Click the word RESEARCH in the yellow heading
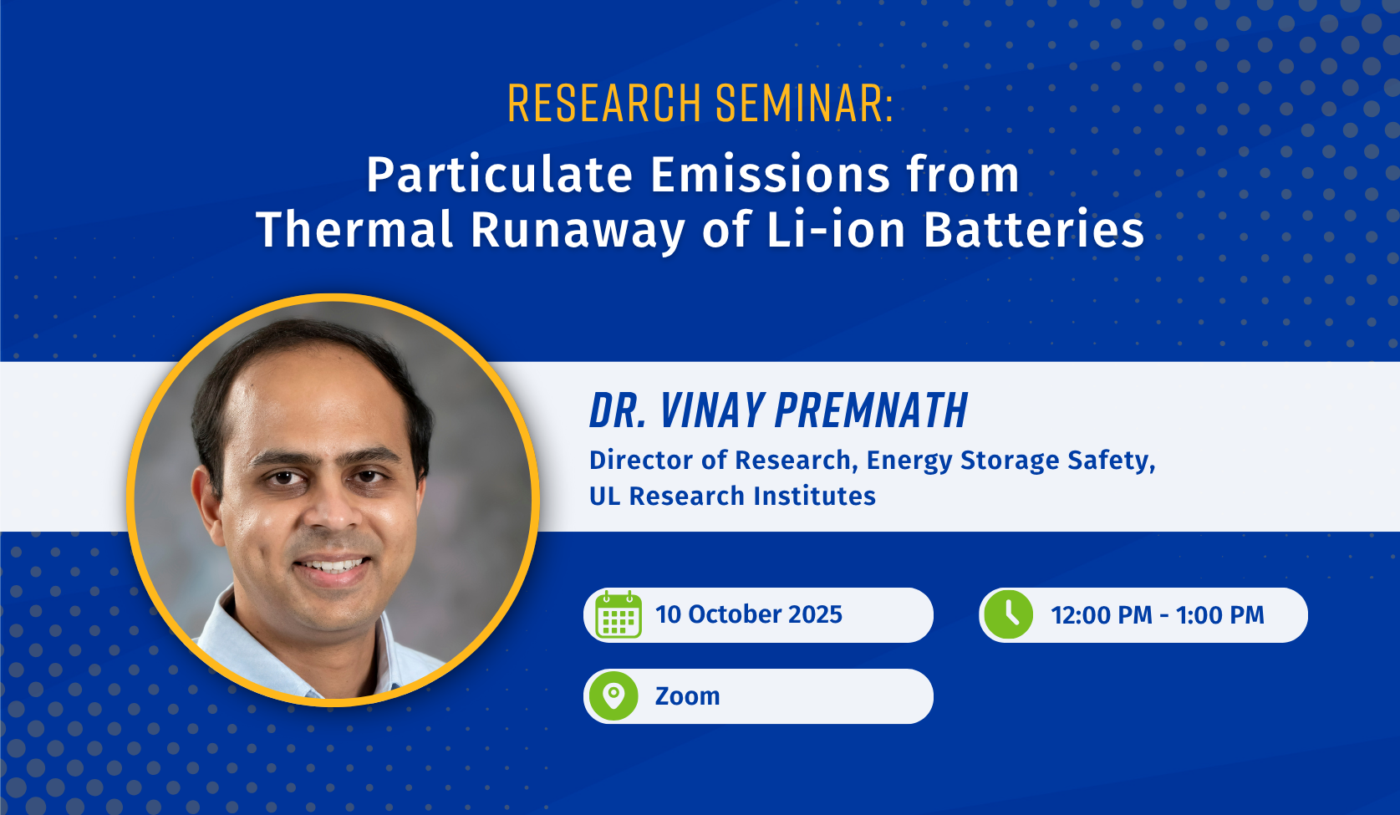pos(604,103)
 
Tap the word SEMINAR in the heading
pos(801,103)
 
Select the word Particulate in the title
pos(499,175)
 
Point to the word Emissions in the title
pos(770,175)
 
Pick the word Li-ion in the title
pos(837,229)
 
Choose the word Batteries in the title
pos(1034,229)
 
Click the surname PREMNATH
pos(871,410)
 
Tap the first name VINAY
pos(711,410)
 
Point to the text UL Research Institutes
pos(732,497)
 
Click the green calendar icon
pos(619,615)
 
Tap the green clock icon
pos(1009,615)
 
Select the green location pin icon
pos(613,696)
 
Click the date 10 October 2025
pos(749,615)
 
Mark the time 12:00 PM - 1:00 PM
pos(1158,615)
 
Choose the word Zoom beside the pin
pos(688,696)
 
